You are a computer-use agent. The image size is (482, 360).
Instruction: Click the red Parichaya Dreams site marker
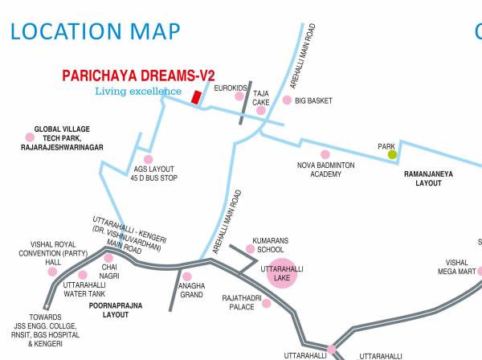click(195, 97)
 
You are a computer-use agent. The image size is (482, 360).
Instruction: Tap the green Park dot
click(392, 154)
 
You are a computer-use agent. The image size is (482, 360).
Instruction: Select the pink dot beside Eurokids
click(239, 96)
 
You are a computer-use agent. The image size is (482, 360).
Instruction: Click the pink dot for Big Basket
click(287, 100)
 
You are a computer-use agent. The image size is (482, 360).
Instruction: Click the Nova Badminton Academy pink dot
click(325, 154)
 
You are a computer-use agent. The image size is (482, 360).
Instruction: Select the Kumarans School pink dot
click(250, 249)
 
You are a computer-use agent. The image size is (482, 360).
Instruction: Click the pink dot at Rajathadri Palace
click(266, 303)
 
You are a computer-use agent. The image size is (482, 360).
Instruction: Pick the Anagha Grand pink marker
click(187, 276)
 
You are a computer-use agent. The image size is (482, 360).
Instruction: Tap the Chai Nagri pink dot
click(108, 258)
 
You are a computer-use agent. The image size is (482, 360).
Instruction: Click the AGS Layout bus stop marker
click(148, 160)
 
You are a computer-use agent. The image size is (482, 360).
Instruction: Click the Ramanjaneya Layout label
click(423, 178)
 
